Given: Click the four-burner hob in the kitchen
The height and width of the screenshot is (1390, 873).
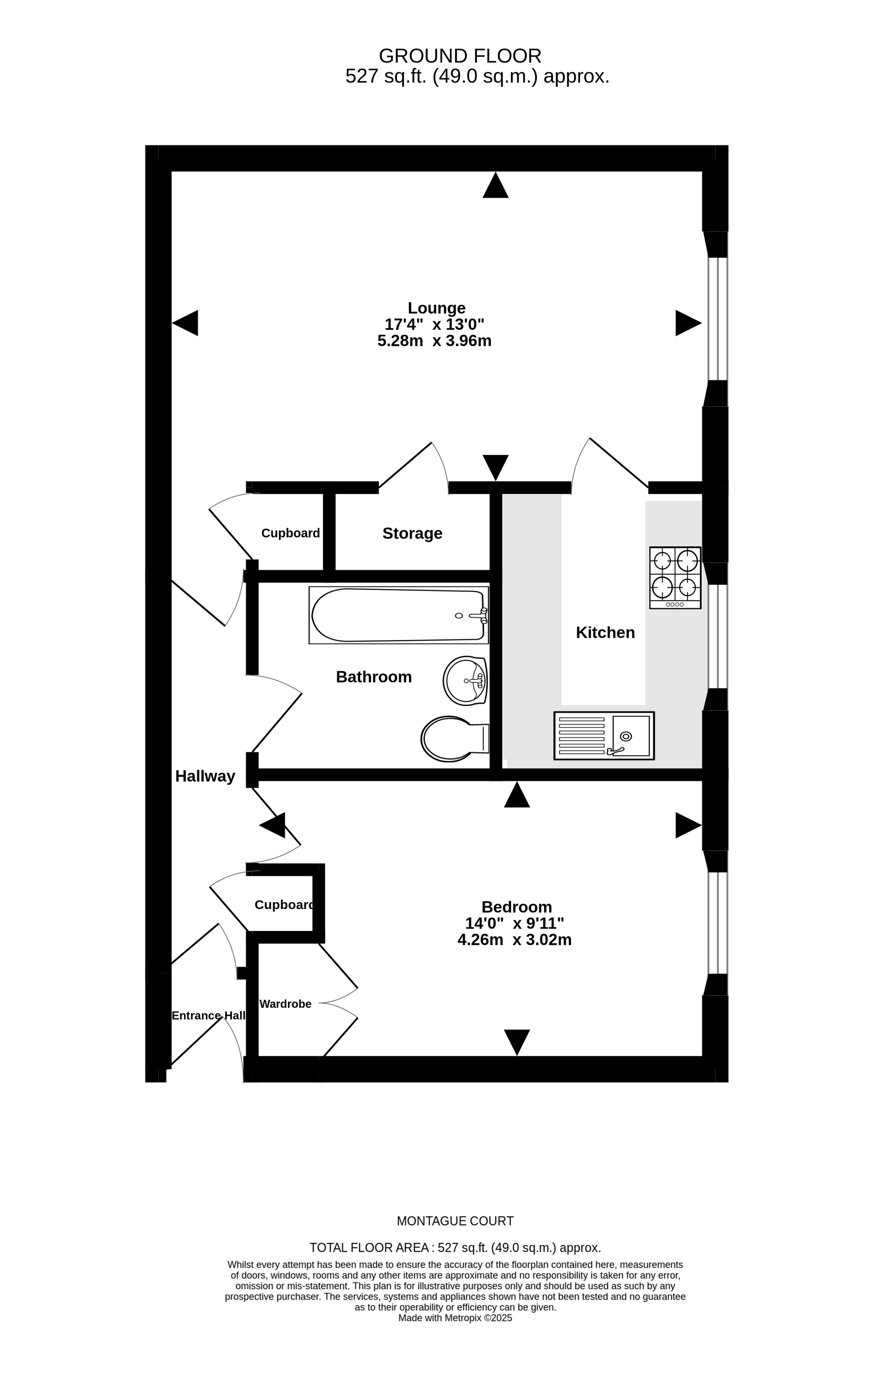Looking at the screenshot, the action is pyautogui.click(x=675, y=577).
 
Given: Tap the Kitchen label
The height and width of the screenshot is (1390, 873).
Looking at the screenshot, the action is pyautogui.click(x=605, y=633).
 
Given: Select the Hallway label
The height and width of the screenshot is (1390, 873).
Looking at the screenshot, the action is pyautogui.click(x=205, y=777).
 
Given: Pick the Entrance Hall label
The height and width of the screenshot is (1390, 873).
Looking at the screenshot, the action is pyautogui.click(x=208, y=1015).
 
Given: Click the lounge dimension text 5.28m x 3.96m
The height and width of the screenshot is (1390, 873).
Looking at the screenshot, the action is pyautogui.click(x=435, y=341).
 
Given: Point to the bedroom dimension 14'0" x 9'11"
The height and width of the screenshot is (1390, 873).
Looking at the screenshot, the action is pyautogui.click(x=515, y=924).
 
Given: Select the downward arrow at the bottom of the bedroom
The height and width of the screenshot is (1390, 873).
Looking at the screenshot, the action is pyautogui.click(x=517, y=1042).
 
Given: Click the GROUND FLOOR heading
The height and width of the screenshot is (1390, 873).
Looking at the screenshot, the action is pyautogui.click(x=460, y=56).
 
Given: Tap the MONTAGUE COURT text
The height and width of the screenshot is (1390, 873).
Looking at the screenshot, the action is pyautogui.click(x=455, y=1221).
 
